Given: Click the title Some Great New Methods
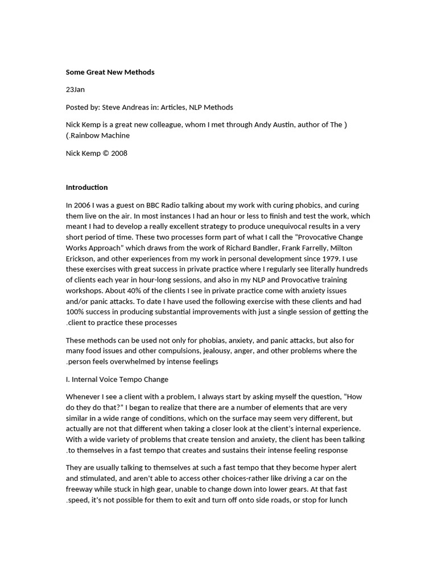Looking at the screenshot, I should (x=110, y=72).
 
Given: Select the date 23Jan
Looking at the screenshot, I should (x=75, y=90).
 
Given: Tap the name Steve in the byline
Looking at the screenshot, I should (x=112, y=107).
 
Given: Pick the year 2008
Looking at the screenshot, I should (x=119, y=153).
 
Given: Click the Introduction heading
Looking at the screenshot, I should (x=86, y=187).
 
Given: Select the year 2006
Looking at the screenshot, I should (x=84, y=205).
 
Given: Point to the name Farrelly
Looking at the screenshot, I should (x=321, y=248).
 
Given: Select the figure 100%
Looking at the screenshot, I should (x=75, y=312).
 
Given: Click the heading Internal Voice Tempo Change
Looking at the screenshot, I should (x=120, y=379).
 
